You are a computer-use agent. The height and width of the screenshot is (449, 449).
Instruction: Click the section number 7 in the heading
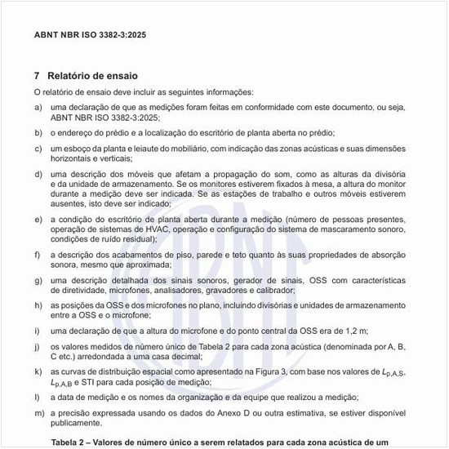pos(37,75)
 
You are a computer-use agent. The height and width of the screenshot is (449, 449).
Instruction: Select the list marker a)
pos(38,107)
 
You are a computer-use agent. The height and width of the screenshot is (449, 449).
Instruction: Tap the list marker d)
pos(38,174)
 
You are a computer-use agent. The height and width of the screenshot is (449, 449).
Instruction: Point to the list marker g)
pos(38,280)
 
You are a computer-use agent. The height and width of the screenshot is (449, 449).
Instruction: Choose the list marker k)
pos(38,371)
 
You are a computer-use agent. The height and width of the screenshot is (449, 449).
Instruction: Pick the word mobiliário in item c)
pos(177,149)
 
